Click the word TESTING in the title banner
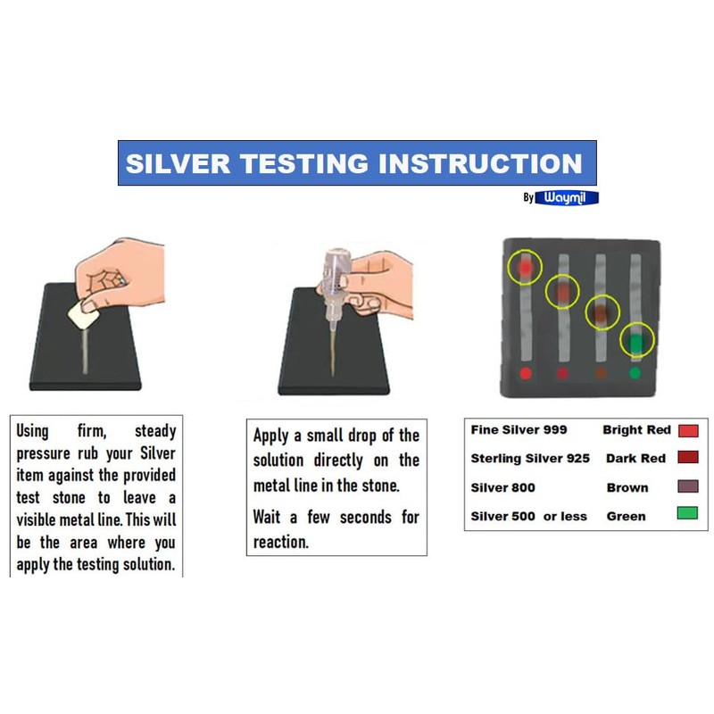[x=307, y=163]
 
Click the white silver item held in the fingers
[x=85, y=312]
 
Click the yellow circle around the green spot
[x=637, y=340]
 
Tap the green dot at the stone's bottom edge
[x=635, y=372]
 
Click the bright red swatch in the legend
[x=687, y=430]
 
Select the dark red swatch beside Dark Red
[x=687, y=459]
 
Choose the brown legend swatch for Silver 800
[x=687, y=487]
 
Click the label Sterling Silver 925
[x=531, y=459]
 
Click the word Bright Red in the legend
[x=636, y=430]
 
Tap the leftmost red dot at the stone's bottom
[x=526, y=372]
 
